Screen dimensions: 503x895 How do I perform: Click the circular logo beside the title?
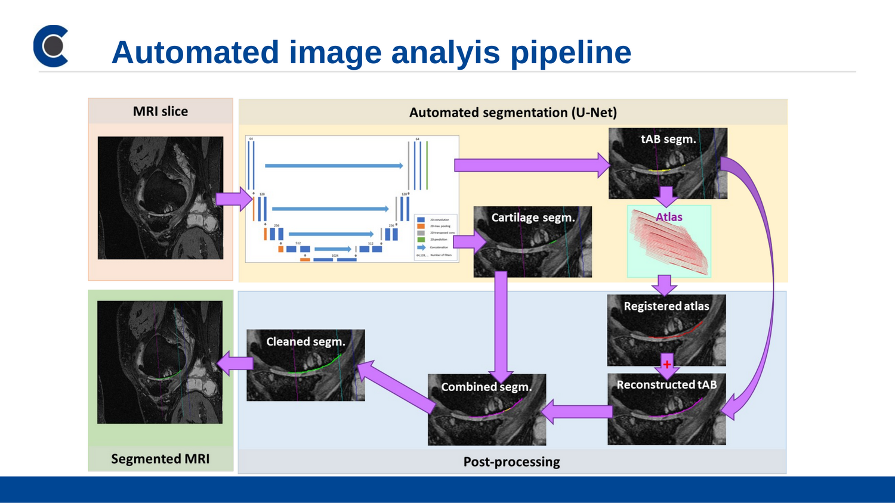pos(51,46)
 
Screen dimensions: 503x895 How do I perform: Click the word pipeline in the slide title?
pos(570,52)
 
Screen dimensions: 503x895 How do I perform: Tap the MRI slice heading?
pos(160,111)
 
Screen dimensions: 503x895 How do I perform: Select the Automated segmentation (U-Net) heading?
pos(513,113)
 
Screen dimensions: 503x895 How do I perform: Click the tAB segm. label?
pos(668,139)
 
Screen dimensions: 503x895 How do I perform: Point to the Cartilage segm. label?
pos(533,218)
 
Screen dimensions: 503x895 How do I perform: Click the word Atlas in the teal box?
pos(669,217)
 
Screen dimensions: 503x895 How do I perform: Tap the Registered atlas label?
pos(666,306)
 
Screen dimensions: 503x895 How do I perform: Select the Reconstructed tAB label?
pos(666,385)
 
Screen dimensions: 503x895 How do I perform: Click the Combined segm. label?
pos(486,387)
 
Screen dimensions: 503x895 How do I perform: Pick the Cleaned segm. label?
pos(305,341)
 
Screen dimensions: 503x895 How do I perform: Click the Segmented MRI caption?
pos(160,459)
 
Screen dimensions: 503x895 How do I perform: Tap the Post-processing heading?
pos(511,462)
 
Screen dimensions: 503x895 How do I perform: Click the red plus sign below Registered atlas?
pos(666,364)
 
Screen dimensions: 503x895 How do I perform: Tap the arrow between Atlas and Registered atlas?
pos(664,285)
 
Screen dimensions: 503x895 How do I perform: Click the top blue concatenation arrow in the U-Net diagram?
pos(334,166)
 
